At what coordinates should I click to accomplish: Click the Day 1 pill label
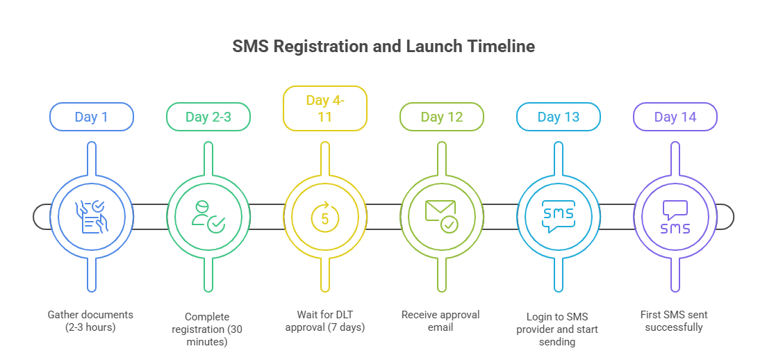coord(91,117)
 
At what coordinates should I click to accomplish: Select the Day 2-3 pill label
coord(208,117)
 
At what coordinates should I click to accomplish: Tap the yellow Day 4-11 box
coord(324,108)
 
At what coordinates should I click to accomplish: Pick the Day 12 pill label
coord(441,117)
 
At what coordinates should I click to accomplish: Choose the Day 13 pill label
coord(558,117)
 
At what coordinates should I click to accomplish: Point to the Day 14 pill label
coord(675,117)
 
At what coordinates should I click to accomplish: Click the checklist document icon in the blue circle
coord(91,216)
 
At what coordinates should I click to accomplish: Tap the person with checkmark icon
coord(208,216)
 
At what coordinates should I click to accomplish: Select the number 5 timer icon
coord(324,216)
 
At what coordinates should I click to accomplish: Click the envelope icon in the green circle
coord(441,216)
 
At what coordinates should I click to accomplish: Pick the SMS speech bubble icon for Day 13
coord(558,216)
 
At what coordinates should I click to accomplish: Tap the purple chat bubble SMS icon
coord(675,216)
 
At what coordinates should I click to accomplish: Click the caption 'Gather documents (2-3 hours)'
coord(91,320)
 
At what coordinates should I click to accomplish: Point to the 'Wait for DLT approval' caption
coord(324,320)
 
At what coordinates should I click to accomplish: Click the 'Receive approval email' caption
coord(441,320)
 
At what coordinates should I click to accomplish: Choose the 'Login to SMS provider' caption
coord(558,328)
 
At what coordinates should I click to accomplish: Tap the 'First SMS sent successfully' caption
coord(675,320)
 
